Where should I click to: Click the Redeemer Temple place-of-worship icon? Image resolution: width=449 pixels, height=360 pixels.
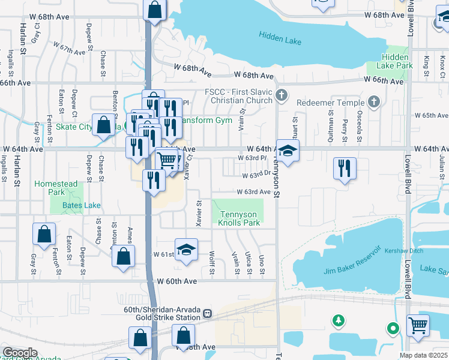pos(373,101)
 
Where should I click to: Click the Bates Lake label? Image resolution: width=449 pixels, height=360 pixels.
pos(83,205)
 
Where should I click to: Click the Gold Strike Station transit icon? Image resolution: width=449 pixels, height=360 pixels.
pos(207,313)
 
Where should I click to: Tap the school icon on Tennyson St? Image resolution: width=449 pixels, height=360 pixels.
pos(288,152)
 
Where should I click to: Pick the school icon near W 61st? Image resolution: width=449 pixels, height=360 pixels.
pos(186,249)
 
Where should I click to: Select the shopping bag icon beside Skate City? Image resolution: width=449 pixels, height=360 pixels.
pos(104,125)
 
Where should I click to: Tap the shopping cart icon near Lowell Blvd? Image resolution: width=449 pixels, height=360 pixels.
pos(418,326)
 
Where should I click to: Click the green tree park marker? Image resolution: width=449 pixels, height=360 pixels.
pos(339,320)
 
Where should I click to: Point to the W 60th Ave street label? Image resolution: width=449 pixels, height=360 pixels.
pos(177,281)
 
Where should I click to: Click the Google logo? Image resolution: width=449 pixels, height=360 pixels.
pos(20,353)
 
